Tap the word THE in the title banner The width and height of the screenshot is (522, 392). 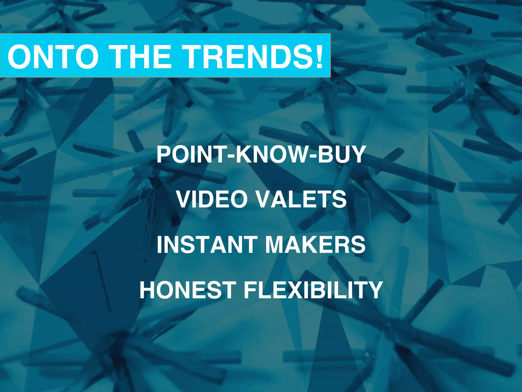(x=141, y=57)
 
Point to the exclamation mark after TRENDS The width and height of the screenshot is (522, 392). (x=319, y=57)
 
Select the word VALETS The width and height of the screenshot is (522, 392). (x=301, y=199)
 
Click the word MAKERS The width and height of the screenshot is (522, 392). (x=315, y=244)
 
